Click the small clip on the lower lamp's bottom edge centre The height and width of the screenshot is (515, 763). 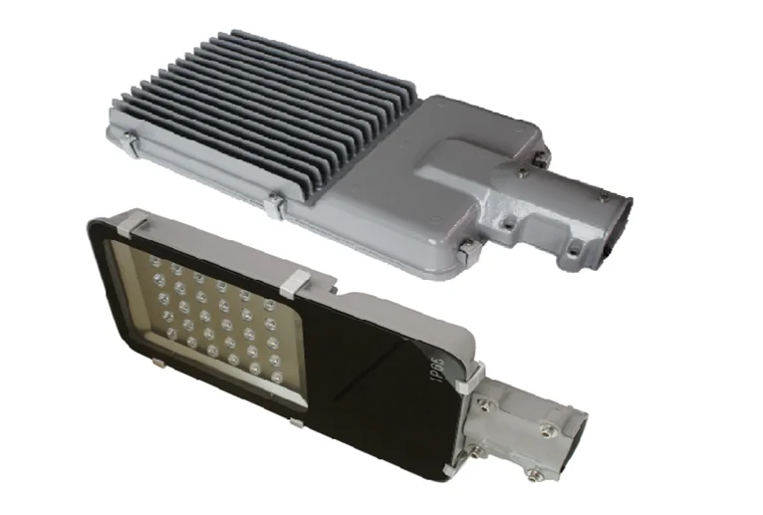[296, 423]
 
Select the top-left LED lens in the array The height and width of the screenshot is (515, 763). [154, 261]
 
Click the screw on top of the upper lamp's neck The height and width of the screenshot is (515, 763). [523, 171]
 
